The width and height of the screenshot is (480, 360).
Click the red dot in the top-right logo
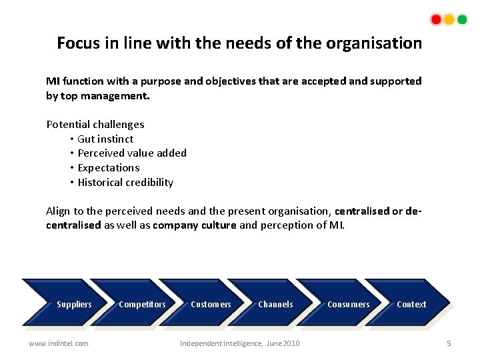click(x=436, y=19)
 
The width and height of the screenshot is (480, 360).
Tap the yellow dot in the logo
click(x=449, y=19)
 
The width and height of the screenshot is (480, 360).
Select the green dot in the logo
click(x=462, y=19)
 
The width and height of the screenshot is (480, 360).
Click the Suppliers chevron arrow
click(x=67, y=304)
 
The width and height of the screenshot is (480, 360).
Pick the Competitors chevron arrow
click(x=137, y=304)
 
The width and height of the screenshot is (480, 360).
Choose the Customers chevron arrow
click(x=206, y=304)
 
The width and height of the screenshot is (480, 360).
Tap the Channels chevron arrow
click(x=273, y=304)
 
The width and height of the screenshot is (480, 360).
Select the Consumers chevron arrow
click(x=343, y=304)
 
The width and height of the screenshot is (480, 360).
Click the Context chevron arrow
click(x=410, y=304)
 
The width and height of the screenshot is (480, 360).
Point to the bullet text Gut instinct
click(x=105, y=139)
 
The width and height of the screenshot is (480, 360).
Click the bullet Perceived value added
click(x=132, y=153)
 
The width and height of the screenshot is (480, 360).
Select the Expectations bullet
click(x=109, y=168)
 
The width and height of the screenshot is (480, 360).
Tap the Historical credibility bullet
click(x=125, y=183)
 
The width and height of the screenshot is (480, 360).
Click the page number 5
click(x=449, y=343)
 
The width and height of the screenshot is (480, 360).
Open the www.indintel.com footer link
click(x=58, y=343)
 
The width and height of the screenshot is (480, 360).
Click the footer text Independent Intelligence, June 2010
click(x=240, y=343)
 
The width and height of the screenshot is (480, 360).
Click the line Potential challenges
click(x=95, y=124)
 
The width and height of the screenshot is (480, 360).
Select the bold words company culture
click(x=194, y=225)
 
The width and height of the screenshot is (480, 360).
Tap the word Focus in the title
click(x=77, y=43)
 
